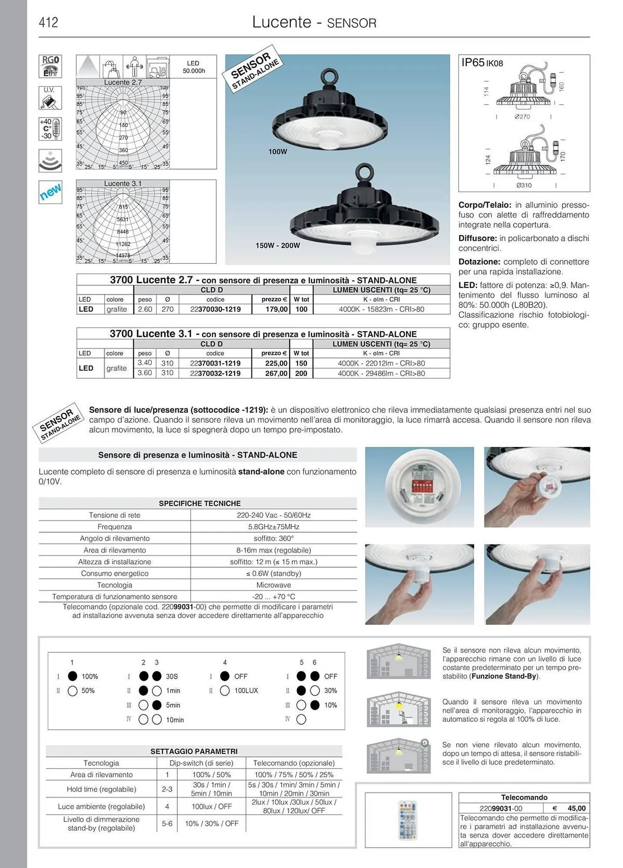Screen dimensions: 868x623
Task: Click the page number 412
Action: pyautogui.click(x=48, y=23)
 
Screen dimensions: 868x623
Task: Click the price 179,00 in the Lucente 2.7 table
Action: pyautogui.click(x=277, y=309)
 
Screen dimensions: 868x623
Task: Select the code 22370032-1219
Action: pyautogui.click(x=215, y=373)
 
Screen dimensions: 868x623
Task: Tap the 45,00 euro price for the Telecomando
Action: pyautogui.click(x=576, y=808)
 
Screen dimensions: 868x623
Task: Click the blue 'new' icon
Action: pyautogui.click(x=50, y=192)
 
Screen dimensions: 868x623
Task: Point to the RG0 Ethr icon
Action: pyautogui.click(x=50, y=66)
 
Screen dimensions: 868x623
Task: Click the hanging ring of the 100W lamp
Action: pyautogui.click(x=331, y=77)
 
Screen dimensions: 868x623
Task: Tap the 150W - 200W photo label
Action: pyautogui.click(x=277, y=246)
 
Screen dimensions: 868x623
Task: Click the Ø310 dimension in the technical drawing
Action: pyautogui.click(x=524, y=185)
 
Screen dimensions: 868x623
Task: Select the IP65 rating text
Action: pyautogui.click(x=473, y=63)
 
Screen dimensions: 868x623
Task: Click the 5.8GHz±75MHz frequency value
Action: pyautogui.click(x=274, y=526)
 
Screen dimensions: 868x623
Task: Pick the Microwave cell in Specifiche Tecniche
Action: pyautogui.click(x=274, y=585)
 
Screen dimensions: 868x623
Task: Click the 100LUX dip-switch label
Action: pyautogui.click(x=246, y=690)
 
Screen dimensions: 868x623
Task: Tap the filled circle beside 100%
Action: pyautogui.click(x=73, y=676)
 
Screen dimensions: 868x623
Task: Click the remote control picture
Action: pyautogui.click(x=407, y=820)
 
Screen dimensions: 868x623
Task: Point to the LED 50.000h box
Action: pyautogui.click(x=193, y=67)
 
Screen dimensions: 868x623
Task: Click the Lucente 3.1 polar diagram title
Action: pyautogui.click(x=123, y=184)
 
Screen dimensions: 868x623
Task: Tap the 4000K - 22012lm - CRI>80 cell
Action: pyautogui.click(x=381, y=363)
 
